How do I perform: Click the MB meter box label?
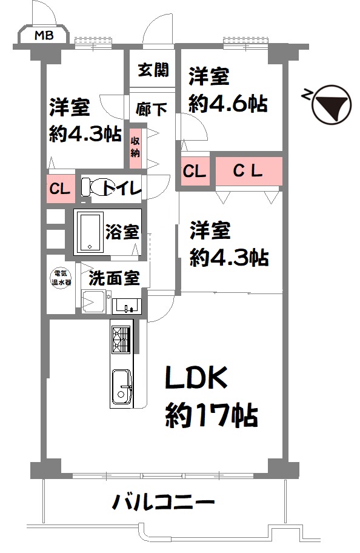(44, 35)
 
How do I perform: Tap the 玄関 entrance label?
(153, 70)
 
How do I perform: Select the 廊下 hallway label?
(152, 109)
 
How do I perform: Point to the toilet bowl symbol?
(92, 187)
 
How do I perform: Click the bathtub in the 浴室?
(90, 232)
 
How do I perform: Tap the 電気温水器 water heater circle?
(61, 278)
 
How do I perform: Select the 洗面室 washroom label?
(114, 278)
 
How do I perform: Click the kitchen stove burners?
(121, 340)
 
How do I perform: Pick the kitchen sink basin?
(122, 386)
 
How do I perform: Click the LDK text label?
(197, 378)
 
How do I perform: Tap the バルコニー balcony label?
(163, 502)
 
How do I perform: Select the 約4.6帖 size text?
(228, 103)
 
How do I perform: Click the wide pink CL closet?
(249, 171)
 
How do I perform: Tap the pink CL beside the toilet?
(61, 189)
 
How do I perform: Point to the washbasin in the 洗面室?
(127, 306)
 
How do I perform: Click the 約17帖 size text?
(212, 415)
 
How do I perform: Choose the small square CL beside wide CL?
(195, 172)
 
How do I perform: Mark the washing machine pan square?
(93, 301)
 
